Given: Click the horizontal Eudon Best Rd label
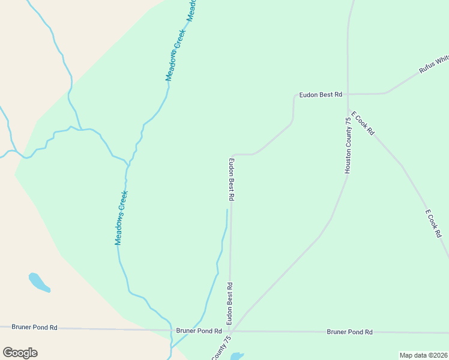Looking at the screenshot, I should (321, 95).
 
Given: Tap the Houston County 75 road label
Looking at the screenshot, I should (348, 146).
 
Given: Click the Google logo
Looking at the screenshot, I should (20, 353).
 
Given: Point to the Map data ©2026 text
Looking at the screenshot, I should (423, 355).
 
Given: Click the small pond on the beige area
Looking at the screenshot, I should (38, 282).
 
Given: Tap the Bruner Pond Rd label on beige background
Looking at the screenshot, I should (35, 328).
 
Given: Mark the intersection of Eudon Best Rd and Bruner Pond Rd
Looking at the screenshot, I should (230, 331).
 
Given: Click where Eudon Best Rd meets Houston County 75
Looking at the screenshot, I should (348, 94).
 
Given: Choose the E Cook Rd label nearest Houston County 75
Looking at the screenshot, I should (363, 123).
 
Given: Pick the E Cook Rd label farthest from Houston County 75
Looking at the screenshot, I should (433, 223).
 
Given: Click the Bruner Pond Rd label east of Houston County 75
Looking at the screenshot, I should (349, 332).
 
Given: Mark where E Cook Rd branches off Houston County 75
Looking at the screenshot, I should (348, 111).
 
